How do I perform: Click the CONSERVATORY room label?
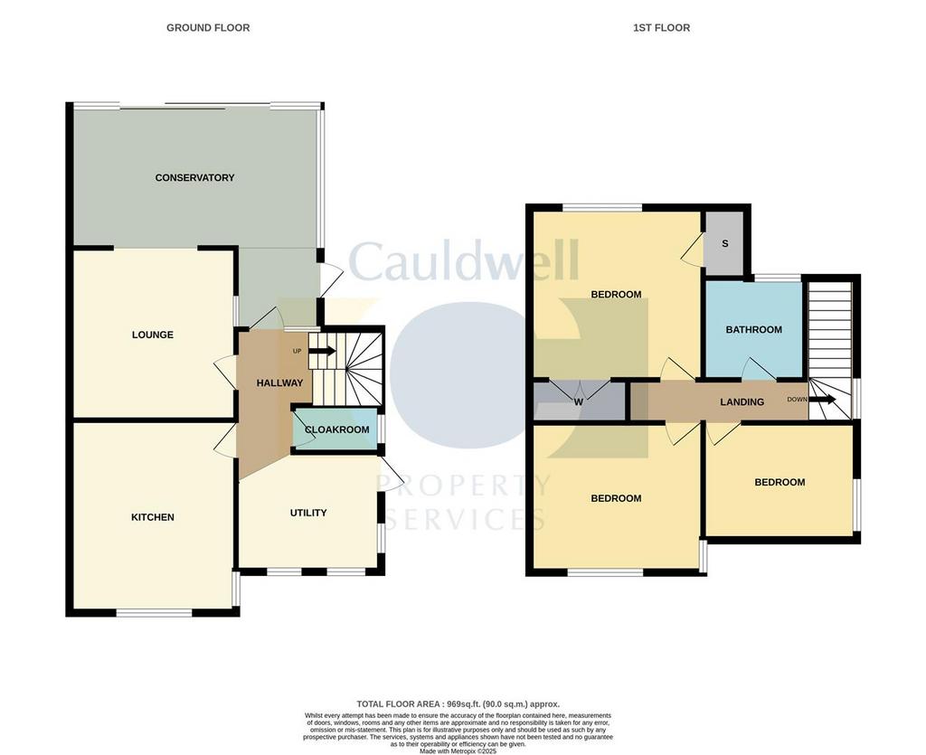(194, 178)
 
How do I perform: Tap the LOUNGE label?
(152, 335)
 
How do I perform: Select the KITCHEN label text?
(152, 517)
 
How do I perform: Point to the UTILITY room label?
(308, 513)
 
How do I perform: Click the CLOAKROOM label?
(336, 429)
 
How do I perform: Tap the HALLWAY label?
(279, 383)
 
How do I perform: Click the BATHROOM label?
(753, 330)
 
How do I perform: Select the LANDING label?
(742, 402)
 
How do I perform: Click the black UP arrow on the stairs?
(323, 351)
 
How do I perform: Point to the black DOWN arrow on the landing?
(823, 400)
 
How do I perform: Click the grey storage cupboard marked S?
(724, 243)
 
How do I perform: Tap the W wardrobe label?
(579, 402)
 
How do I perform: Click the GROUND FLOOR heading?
(208, 28)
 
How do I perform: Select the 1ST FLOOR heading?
(661, 28)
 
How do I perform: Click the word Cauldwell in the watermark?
(464, 261)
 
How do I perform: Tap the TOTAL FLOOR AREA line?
(458, 704)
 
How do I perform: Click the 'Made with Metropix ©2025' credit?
(458, 752)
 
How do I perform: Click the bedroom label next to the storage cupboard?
(616, 295)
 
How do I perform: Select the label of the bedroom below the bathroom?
(780, 482)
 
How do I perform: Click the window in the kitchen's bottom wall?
(154, 613)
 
